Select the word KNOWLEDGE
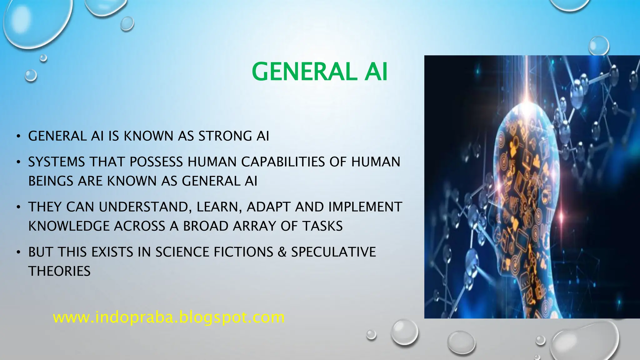tap(69, 226)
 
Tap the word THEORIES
tap(59, 271)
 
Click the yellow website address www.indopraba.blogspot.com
tap(169, 317)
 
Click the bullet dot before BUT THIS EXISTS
tap(19, 252)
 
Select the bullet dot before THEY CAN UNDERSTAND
tap(19, 207)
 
